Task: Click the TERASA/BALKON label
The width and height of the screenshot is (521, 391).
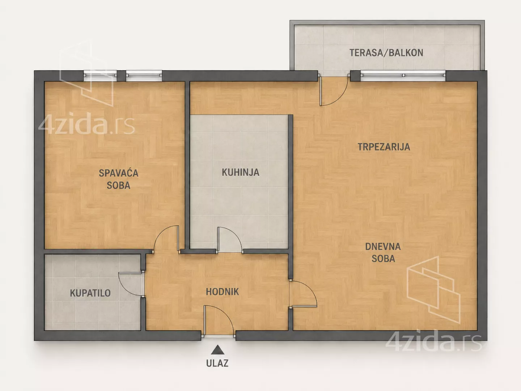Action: coord(386,53)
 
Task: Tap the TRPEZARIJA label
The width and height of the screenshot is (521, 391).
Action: coord(384,147)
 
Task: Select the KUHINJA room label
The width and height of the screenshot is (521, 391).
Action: coord(241,172)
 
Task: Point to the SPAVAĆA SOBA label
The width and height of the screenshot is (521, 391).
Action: coord(118,179)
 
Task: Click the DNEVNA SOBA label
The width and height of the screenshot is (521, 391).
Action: coord(383,253)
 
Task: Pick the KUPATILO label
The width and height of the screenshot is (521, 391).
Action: coord(90,293)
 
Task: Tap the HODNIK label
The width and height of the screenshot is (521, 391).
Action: coord(222,292)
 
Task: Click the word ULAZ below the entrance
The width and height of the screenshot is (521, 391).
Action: coord(217,363)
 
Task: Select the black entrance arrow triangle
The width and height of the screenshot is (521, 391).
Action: coord(218,350)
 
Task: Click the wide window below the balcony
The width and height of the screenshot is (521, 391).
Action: coord(403,76)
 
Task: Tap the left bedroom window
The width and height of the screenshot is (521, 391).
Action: coord(100,76)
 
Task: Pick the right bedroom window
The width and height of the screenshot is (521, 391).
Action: coord(144,76)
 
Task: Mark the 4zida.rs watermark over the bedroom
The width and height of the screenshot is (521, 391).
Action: coord(86,123)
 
